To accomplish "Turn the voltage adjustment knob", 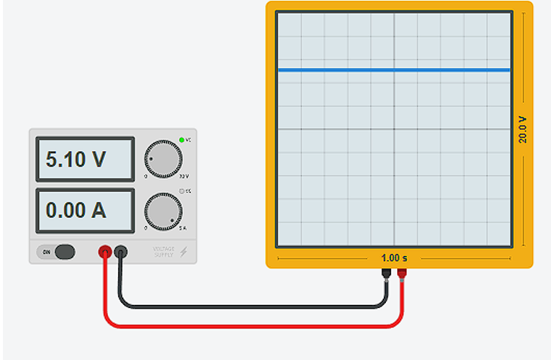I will [162, 156].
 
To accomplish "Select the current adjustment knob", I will [162, 210].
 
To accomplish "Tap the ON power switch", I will [64, 252].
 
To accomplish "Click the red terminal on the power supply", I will [105, 253].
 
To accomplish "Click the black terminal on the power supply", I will [120, 253].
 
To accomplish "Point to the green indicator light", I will [181, 139].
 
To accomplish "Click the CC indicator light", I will [181, 192].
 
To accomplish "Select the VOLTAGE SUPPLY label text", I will [164, 251].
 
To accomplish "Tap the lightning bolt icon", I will [184, 252].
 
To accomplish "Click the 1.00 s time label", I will [394, 258].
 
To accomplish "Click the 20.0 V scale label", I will [523, 129].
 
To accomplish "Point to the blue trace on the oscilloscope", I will [393, 70].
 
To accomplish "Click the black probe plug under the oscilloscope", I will [387, 274].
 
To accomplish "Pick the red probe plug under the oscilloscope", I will [402, 274].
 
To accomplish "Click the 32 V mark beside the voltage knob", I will [184, 176].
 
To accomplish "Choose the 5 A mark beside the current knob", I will [184, 228].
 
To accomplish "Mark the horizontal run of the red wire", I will [253, 324].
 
